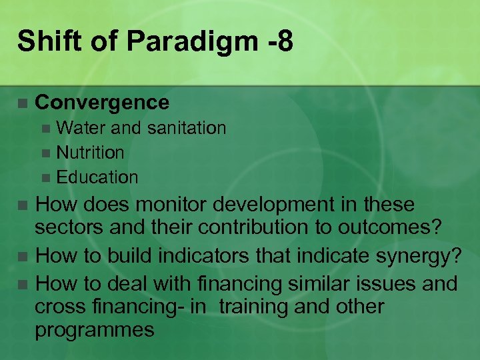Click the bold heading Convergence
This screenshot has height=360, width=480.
(102, 103)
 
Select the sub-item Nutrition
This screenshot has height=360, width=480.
(90, 153)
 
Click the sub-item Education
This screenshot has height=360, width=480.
(97, 177)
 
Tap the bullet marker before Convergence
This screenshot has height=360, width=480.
(22, 103)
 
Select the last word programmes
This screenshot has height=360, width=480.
(95, 330)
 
